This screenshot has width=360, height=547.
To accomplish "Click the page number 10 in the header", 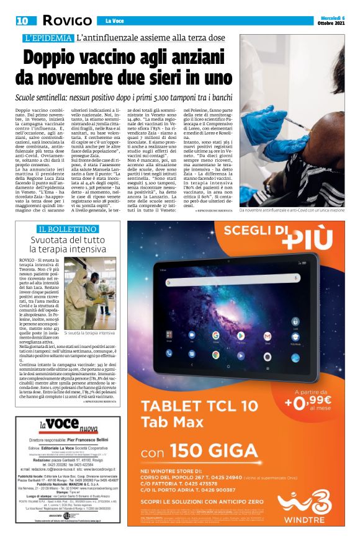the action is tap(23, 20).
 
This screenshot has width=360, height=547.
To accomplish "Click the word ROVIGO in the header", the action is tap(65, 21).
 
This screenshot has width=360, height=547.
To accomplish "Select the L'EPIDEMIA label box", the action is tap(47, 38).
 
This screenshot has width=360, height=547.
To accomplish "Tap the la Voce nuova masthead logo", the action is tap(68, 427).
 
